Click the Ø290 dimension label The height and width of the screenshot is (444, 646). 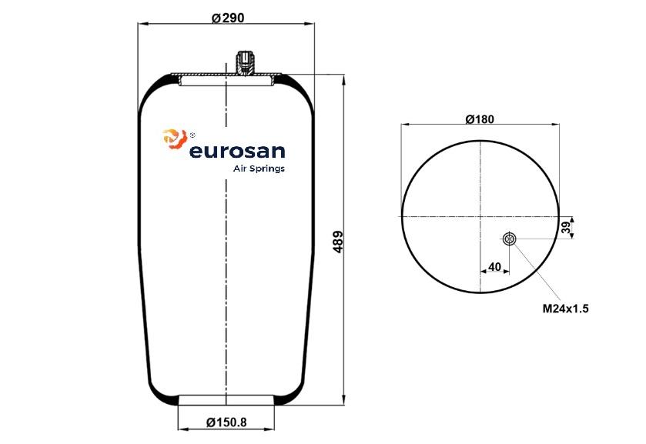coord(228,18)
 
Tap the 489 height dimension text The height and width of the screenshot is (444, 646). coord(338,242)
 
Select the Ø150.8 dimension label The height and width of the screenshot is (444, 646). coord(226,422)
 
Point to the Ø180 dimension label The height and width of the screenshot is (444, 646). coord(480,119)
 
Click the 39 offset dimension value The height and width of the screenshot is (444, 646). coord(567,227)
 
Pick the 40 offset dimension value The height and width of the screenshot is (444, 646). coord(494,267)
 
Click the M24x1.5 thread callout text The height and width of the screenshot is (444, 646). coord(565,308)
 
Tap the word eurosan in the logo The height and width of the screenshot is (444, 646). coord(237,151)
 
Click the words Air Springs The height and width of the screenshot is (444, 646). coord(259,169)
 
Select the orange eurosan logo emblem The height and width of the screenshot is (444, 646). coord(175,139)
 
